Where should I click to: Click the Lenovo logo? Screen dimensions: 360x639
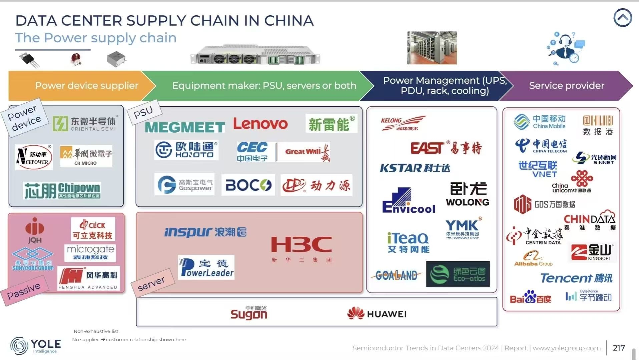click(x=260, y=124)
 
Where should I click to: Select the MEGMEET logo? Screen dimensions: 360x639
click(x=185, y=127)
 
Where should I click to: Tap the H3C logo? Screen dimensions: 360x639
click(x=301, y=248)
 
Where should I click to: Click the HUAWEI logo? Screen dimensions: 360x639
click(x=377, y=314)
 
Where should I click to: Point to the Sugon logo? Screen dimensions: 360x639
click(x=249, y=313)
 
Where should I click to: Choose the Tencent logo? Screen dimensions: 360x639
click(x=576, y=278)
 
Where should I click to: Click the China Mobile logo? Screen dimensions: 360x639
click(x=540, y=122)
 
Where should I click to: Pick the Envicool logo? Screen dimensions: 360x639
click(x=409, y=201)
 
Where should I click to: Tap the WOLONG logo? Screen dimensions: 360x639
click(x=468, y=194)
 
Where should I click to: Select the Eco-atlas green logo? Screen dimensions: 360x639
click(x=458, y=274)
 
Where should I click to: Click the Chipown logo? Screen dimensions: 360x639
click(x=62, y=190)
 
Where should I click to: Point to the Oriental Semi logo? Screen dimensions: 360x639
click(x=84, y=123)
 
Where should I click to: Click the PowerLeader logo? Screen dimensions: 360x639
click(x=206, y=267)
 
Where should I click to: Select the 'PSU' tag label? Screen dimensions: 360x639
click(x=143, y=112)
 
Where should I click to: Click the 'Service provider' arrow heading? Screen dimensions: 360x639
click(x=566, y=86)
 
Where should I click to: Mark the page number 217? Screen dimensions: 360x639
click(x=619, y=348)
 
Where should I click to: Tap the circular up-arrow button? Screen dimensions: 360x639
click(x=622, y=18)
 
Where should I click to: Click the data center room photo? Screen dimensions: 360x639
click(x=432, y=48)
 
